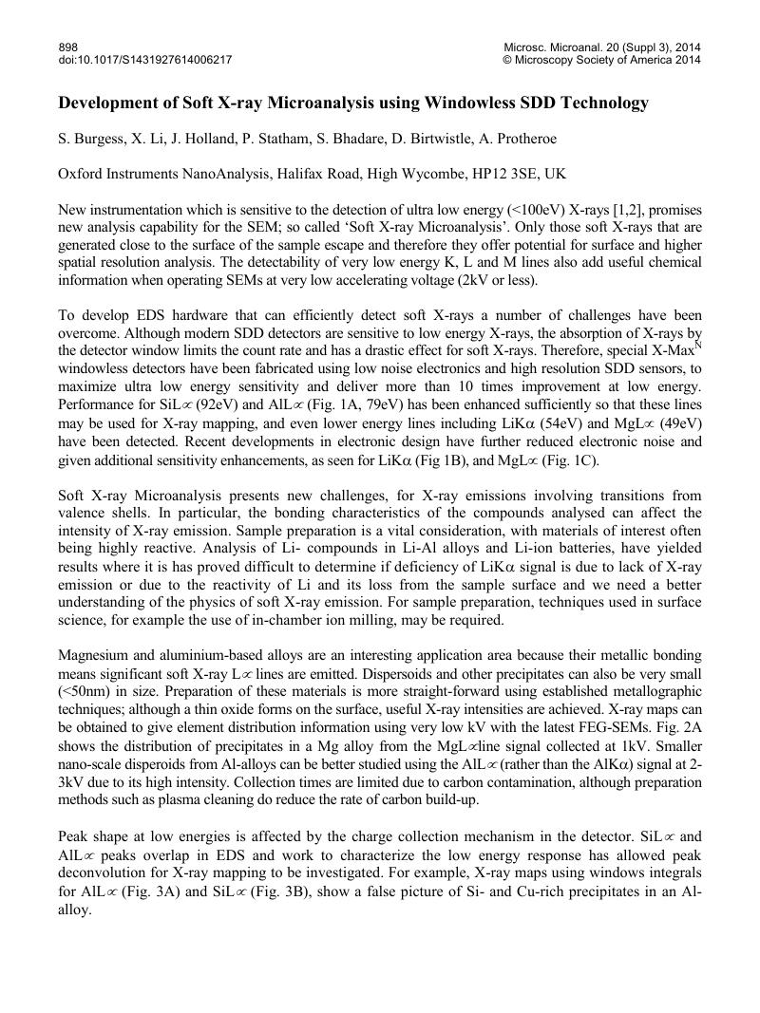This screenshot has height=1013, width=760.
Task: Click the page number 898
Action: click(68, 47)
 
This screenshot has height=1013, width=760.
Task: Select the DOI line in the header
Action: click(145, 60)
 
